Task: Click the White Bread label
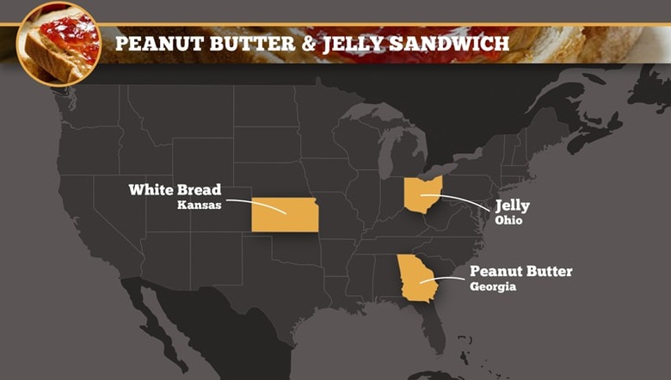175,189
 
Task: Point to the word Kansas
200,205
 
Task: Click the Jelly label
512,205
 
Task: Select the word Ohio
508,220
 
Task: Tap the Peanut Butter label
520,272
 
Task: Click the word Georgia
493,287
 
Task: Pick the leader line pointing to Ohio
465,202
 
